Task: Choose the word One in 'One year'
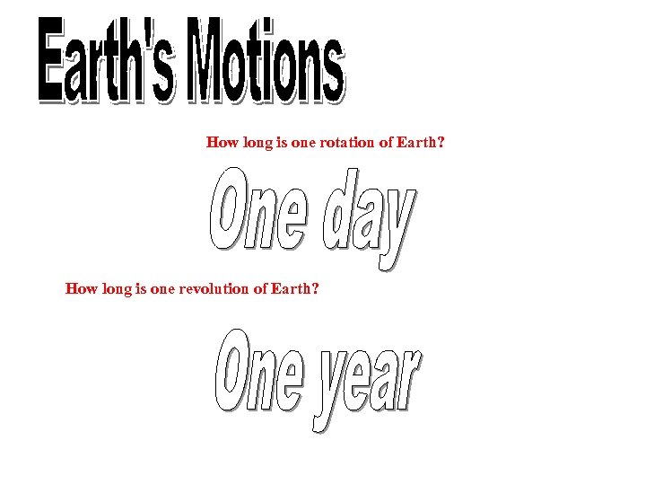260,371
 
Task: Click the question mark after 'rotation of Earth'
440,142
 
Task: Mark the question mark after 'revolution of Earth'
314,289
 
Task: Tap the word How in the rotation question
221,142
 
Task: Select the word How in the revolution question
80,289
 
